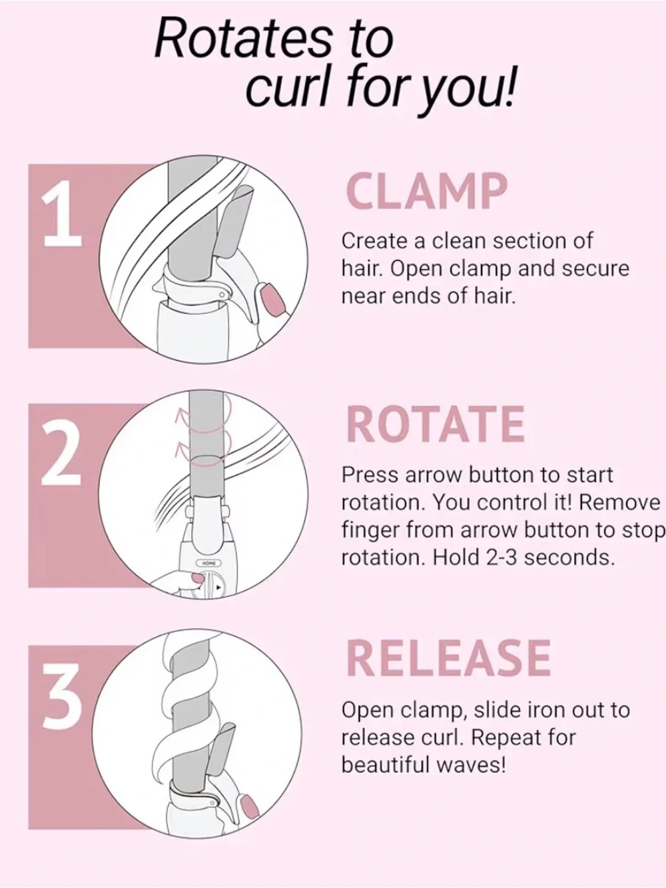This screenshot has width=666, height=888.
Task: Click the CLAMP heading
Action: pos(426,191)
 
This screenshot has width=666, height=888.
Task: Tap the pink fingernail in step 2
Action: pos(198,578)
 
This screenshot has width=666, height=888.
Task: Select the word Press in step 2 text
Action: pos(370,475)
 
